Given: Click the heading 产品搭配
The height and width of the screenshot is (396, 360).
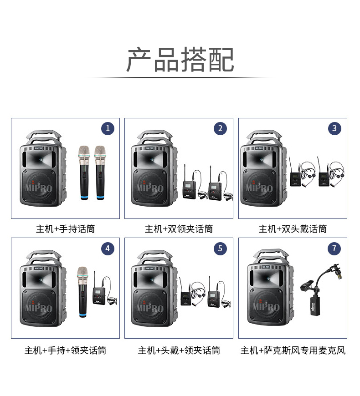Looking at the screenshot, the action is click(180, 60).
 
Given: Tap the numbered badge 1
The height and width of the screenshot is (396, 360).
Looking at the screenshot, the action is click(108, 128).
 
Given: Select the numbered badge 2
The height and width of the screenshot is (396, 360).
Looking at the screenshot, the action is click(220, 128).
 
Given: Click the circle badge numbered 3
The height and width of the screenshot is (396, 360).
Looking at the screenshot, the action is click(334, 128).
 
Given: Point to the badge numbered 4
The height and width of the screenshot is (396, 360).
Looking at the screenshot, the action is click(108, 249).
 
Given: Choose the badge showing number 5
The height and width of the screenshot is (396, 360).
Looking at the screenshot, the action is click(220, 249).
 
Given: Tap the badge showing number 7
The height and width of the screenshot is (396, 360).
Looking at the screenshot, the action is click(334, 249).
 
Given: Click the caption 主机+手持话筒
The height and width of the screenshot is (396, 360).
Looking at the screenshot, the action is click(65, 229).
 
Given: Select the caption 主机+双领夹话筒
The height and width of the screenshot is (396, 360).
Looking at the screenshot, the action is click(179, 229).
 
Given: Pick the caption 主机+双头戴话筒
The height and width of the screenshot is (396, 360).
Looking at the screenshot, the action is click(293, 229).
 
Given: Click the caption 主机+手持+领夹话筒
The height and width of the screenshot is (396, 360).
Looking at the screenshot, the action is click(65, 350).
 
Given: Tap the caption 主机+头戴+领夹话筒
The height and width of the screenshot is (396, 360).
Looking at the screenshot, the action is click(179, 350).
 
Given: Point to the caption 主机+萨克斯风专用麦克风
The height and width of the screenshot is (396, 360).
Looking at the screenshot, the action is click(293, 350).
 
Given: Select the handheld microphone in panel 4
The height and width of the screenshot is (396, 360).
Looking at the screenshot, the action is click(82, 292).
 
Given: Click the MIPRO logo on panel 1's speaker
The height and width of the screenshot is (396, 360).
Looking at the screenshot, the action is click(39, 188).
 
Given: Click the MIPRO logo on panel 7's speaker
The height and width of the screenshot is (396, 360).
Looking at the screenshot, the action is click(266, 306).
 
